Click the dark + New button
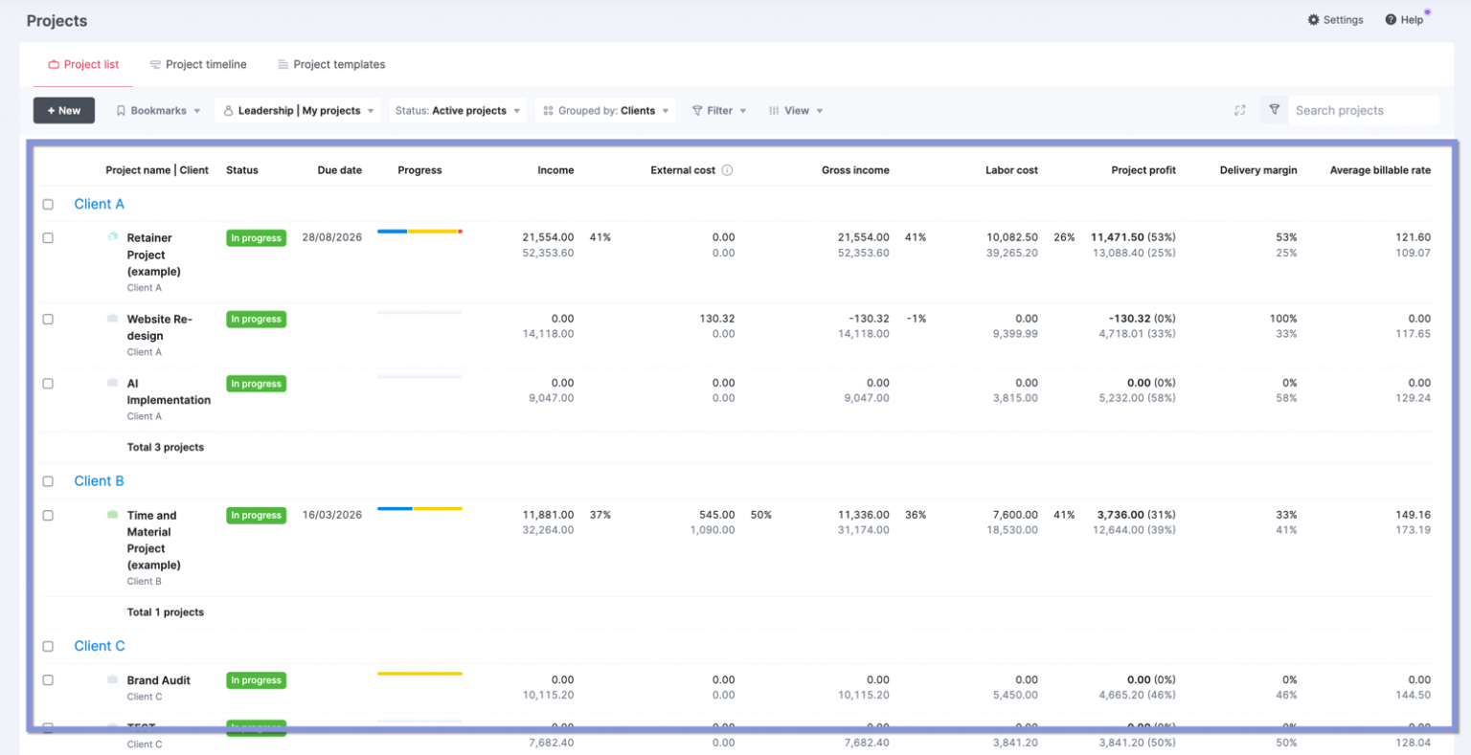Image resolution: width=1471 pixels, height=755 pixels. pyautogui.click(x=64, y=111)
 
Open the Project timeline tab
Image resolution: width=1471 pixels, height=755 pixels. pyautogui.click(x=198, y=65)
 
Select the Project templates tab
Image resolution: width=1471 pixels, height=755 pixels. pyautogui.click(x=331, y=65)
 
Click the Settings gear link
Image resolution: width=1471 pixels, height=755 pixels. pyautogui.click(x=1335, y=20)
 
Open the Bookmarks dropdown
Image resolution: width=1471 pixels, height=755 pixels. pyautogui.click(x=158, y=111)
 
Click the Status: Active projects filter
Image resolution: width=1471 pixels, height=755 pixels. pyautogui.click(x=458, y=111)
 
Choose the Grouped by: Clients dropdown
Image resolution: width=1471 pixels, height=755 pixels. pyautogui.click(x=606, y=111)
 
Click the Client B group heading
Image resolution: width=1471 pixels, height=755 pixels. pyautogui.click(x=100, y=481)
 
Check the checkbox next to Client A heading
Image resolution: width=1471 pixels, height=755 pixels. pyautogui.click(x=48, y=205)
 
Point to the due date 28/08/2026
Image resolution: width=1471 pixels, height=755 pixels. pyautogui.click(x=332, y=237)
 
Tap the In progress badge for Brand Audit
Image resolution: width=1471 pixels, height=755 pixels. pyautogui.click(x=256, y=680)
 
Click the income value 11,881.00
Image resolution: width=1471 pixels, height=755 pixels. pyautogui.click(x=548, y=515)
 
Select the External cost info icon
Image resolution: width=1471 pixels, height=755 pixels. pyautogui.click(x=727, y=170)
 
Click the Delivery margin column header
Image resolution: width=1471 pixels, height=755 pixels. pyautogui.click(x=1257, y=170)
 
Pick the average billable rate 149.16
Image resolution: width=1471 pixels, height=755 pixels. pyautogui.click(x=1413, y=515)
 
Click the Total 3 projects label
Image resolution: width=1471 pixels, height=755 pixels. pyautogui.click(x=165, y=448)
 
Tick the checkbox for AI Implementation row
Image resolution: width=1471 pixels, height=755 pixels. pyautogui.click(x=48, y=384)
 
